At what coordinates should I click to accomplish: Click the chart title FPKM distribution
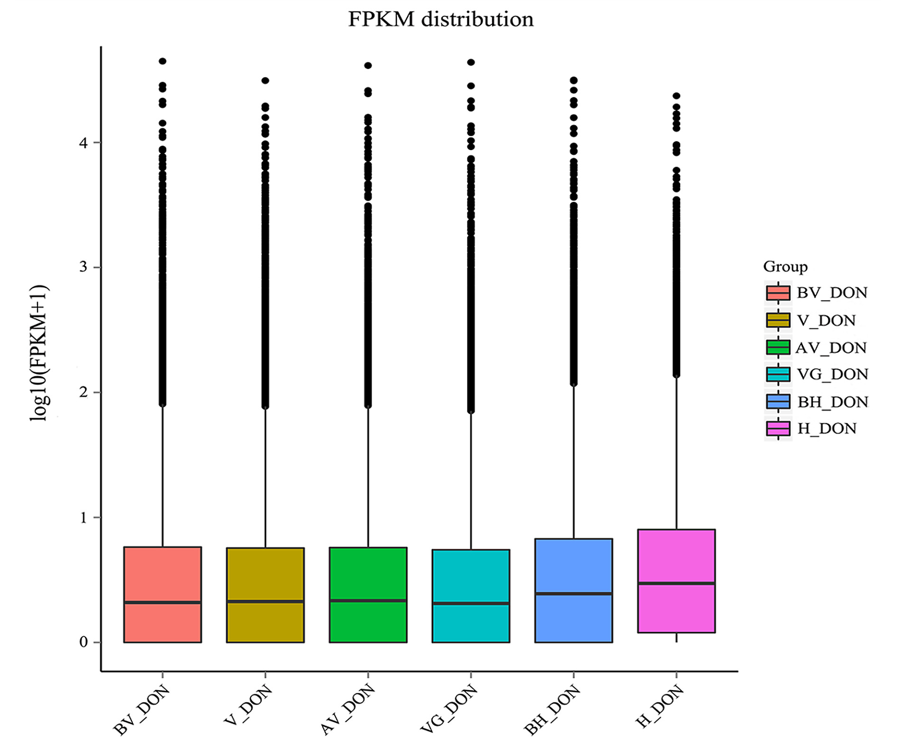(x=440, y=19)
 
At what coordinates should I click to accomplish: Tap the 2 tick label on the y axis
(x=84, y=392)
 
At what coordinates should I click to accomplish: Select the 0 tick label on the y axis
(x=84, y=642)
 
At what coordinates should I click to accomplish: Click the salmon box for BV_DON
(x=162, y=574)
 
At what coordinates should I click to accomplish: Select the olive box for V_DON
(x=265, y=574)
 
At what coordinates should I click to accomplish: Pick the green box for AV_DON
(x=368, y=574)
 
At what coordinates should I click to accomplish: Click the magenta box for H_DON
(x=676, y=555)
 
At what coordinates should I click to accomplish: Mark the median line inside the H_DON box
(x=676, y=583)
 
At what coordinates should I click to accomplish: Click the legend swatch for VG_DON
(x=778, y=374)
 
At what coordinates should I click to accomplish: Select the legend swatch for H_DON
(x=778, y=429)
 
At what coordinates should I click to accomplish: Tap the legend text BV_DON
(x=832, y=293)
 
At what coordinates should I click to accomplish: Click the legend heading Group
(x=785, y=267)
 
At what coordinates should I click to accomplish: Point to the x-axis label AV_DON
(x=348, y=710)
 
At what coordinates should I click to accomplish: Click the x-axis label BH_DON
(x=552, y=710)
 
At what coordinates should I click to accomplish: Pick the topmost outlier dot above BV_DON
(x=162, y=61)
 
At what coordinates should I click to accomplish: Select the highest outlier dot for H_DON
(x=676, y=96)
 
